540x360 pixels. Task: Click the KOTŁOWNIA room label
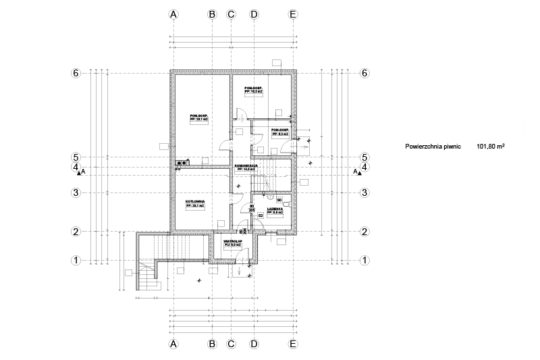(x=194, y=201)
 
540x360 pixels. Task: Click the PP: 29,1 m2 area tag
(x=199, y=120)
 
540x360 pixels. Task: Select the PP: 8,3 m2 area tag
(x=280, y=134)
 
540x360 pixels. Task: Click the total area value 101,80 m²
(x=491, y=145)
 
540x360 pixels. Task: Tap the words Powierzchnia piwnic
(x=433, y=145)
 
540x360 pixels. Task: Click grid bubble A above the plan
(x=173, y=14)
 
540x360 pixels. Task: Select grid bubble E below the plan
(x=292, y=344)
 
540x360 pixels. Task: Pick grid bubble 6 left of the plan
(x=76, y=72)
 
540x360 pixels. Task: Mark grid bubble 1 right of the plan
(x=364, y=260)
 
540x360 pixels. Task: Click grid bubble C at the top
(x=230, y=14)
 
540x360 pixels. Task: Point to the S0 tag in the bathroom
(x=279, y=199)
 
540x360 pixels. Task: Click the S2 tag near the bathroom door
(x=260, y=215)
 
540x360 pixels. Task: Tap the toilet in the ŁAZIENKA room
(x=286, y=203)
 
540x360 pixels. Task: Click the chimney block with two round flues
(x=182, y=162)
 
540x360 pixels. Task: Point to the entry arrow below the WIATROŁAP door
(x=239, y=270)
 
